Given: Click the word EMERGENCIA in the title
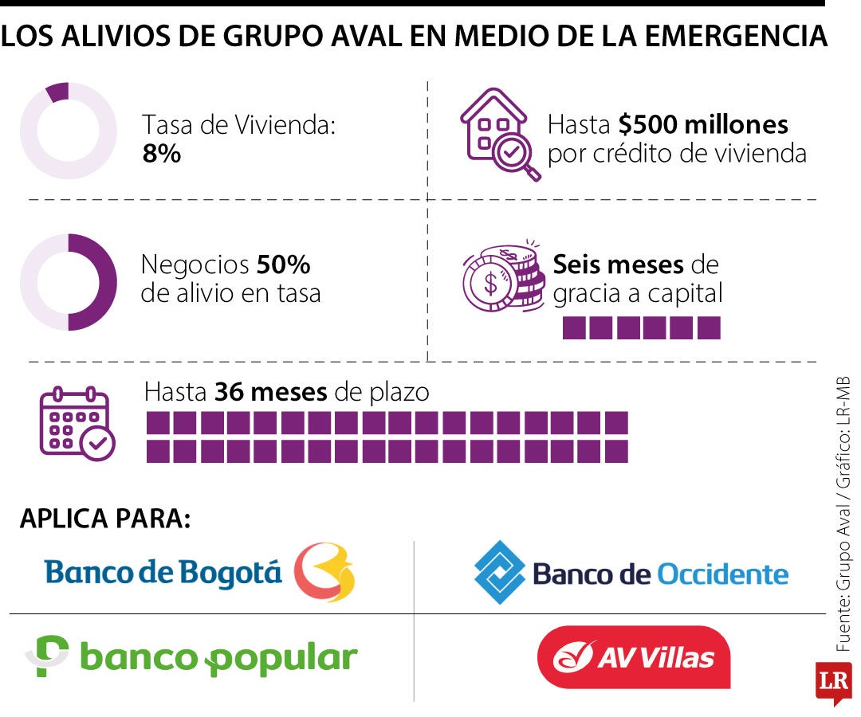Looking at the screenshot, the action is pyautogui.click(x=736, y=36).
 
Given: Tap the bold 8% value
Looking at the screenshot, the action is pyautogui.click(x=161, y=154).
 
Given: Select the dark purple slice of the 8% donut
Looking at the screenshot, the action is pyautogui.click(x=57, y=92).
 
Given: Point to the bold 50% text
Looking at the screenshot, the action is pyautogui.click(x=283, y=264).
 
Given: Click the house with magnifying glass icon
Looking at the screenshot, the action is pyautogui.click(x=500, y=135).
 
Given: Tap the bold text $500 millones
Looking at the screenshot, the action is pyautogui.click(x=703, y=124).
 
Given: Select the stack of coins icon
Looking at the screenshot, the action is pyautogui.click(x=504, y=277).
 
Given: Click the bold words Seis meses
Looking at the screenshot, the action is pyautogui.click(x=619, y=264).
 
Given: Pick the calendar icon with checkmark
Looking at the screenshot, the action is pyautogui.click(x=77, y=423).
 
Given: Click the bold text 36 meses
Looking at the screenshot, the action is pyautogui.click(x=271, y=392).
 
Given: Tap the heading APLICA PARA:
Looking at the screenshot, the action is pyautogui.click(x=105, y=519).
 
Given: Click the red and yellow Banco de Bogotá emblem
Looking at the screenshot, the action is pyautogui.click(x=324, y=572).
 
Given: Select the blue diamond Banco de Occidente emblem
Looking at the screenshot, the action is pyautogui.click(x=499, y=573).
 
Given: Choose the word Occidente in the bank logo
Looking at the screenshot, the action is pyautogui.click(x=722, y=574).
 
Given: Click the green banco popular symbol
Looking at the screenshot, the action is pyautogui.click(x=47, y=656).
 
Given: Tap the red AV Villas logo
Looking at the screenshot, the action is pyautogui.click(x=634, y=657).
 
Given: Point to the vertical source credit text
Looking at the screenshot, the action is pyautogui.click(x=843, y=514).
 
